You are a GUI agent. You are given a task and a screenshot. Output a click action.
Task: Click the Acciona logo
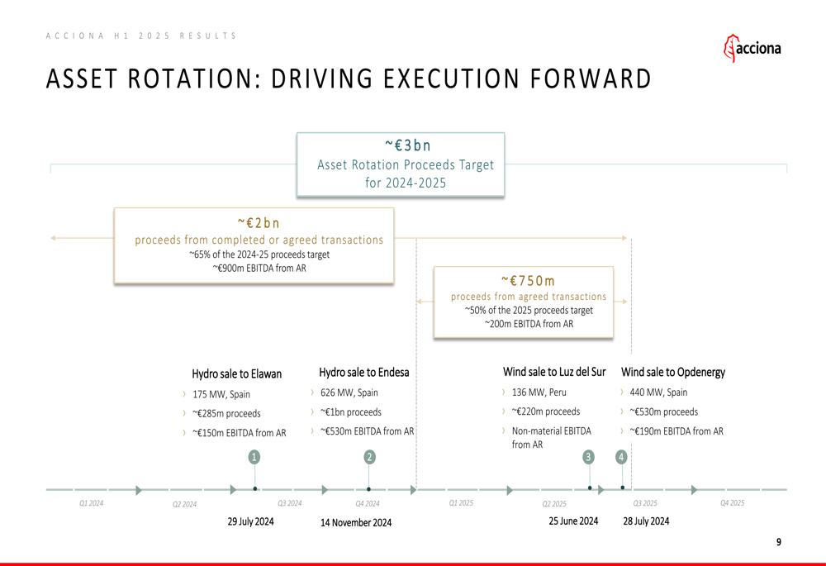click(x=752, y=49)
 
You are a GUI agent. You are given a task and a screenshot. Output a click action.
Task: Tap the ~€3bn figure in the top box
click(x=408, y=145)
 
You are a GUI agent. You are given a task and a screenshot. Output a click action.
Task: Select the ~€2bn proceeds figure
click(x=259, y=223)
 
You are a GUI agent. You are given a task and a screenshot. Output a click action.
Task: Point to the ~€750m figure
click(x=528, y=280)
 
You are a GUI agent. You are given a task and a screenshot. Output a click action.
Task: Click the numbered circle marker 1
click(x=254, y=457)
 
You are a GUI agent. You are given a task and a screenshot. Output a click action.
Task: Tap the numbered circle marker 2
click(x=369, y=457)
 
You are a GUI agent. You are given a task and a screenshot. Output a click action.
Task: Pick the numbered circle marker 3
click(x=588, y=457)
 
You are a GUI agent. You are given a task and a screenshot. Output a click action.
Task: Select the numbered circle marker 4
click(x=621, y=457)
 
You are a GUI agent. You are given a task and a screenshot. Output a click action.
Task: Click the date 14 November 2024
click(x=356, y=522)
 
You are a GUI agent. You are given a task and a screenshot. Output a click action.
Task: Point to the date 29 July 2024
click(x=251, y=521)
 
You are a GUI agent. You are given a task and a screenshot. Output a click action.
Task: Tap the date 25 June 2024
click(x=573, y=521)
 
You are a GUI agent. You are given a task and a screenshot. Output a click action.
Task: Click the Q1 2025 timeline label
click(x=461, y=502)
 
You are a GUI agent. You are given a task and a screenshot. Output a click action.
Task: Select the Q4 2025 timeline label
click(x=732, y=502)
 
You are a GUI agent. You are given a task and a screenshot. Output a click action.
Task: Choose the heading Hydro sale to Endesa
click(x=364, y=372)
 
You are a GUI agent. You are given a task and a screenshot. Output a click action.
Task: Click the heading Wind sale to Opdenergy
click(x=673, y=372)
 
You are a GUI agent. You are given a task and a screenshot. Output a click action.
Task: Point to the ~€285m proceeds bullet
click(x=226, y=413)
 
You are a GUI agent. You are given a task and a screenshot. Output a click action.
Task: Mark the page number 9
click(x=779, y=542)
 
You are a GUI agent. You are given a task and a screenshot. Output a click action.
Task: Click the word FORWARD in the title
click(x=591, y=78)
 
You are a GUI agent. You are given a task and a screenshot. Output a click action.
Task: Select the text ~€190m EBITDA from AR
click(x=676, y=431)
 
